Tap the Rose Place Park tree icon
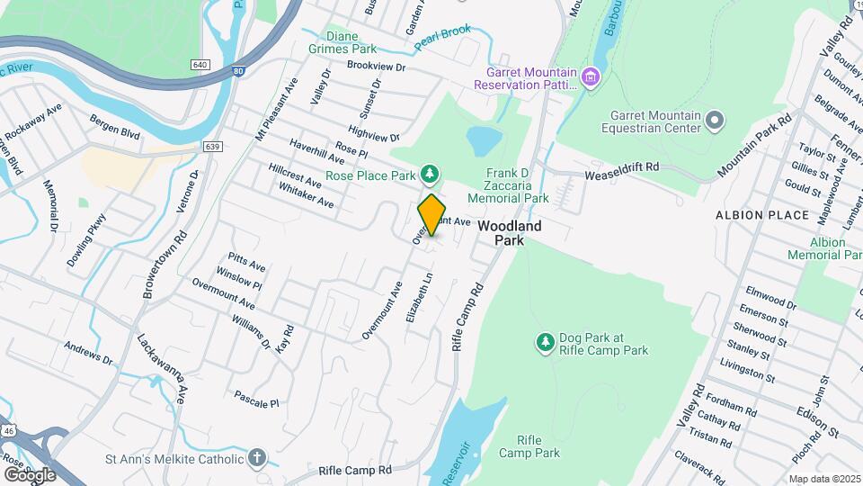tap(431, 173)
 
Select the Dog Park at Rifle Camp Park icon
tap(545, 342)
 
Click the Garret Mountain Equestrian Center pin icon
tap(715, 120)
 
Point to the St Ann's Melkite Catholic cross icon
tap(258, 459)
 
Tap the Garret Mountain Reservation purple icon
tap(590, 76)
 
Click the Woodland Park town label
tap(509, 233)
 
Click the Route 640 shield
tap(200, 65)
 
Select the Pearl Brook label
tap(442, 36)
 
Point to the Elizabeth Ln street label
tap(420, 299)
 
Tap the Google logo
tap(30, 474)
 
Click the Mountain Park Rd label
tap(754, 145)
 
